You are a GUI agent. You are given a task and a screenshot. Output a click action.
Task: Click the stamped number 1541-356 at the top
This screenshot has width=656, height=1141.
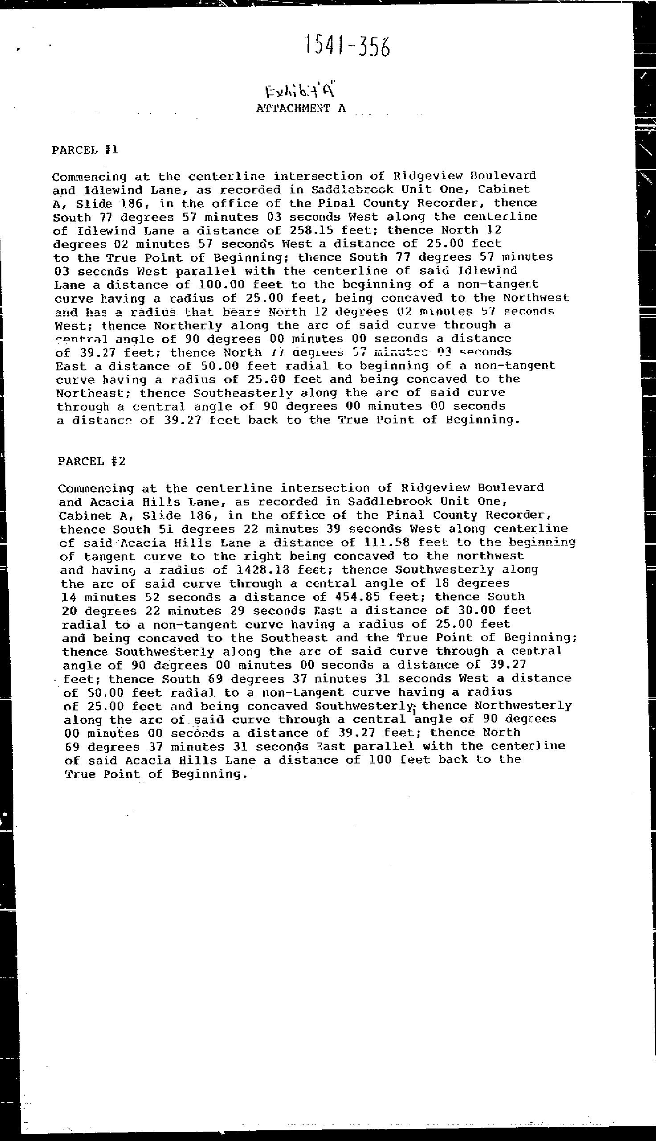coord(346,47)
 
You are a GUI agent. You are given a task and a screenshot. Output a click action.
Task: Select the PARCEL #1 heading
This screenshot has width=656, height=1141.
coord(85,150)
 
